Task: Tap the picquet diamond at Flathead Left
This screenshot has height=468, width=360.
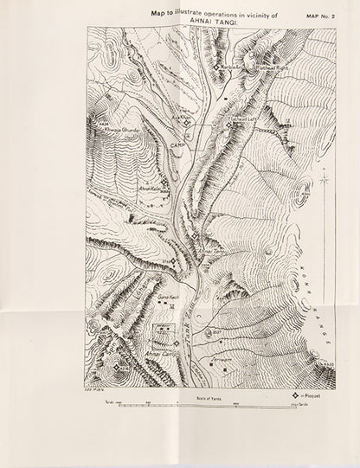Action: coord(230,124)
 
